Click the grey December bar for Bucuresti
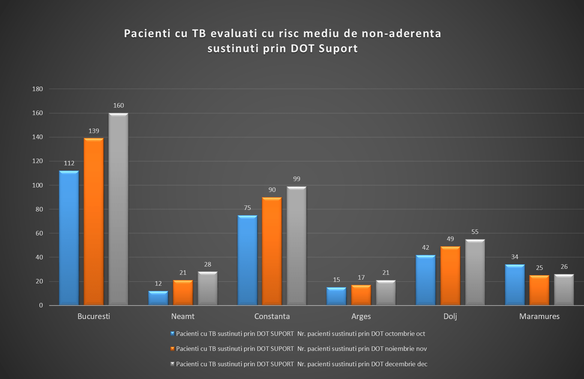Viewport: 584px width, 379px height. (x=119, y=209)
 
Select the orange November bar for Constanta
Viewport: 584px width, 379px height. (x=272, y=251)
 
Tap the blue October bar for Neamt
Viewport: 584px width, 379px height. (x=158, y=298)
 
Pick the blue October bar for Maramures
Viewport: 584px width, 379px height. (x=515, y=285)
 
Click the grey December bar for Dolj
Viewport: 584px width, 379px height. (x=475, y=272)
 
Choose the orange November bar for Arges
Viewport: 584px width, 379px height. (x=361, y=295)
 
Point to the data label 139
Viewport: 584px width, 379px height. (x=94, y=131)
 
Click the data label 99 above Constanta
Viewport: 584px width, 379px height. (x=297, y=179)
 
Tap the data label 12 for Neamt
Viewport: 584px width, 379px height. (x=158, y=283)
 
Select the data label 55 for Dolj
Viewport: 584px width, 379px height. (x=475, y=232)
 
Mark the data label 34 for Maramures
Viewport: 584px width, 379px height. (x=515, y=257)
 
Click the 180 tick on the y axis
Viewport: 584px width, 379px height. (x=38, y=89)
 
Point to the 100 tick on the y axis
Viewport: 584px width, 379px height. (x=38, y=185)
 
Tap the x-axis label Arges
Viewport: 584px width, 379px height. (x=361, y=316)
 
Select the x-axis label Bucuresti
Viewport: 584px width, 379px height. (x=94, y=316)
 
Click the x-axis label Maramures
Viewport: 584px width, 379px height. (x=539, y=316)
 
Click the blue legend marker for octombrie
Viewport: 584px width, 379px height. (x=172, y=333)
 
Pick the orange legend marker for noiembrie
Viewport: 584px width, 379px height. (x=172, y=349)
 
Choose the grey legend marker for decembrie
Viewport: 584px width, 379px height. (x=172, y=364)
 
